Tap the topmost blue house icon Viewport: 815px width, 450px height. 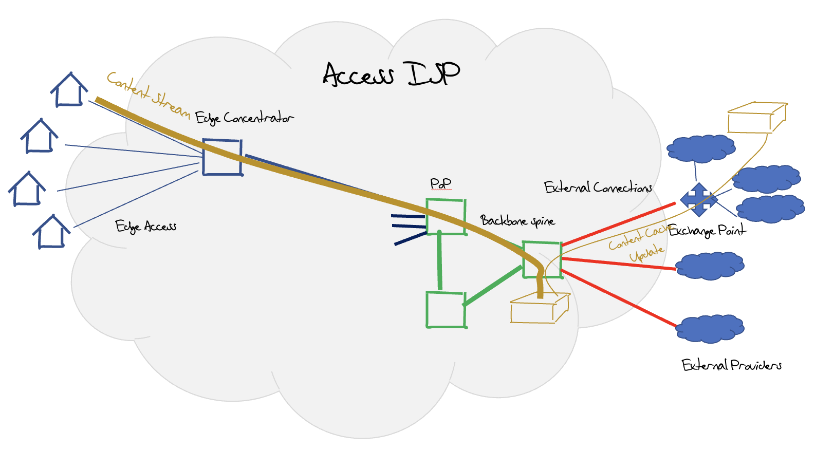pos(69,90)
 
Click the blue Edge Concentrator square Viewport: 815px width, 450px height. pos(222,157)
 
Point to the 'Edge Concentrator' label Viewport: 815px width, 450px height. pos(244,118)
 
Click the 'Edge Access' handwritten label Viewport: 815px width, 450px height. pos(146,226)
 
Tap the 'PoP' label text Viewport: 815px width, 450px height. pos(440,183)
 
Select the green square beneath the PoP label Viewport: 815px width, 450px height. pos(446,217)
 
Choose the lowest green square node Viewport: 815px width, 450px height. pos(446,309)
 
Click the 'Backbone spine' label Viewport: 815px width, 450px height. pos(517,221)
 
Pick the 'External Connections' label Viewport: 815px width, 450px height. pos(598,188)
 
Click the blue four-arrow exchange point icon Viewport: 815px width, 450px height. pos(698,199)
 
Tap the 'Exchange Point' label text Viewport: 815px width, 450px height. pos(707,231)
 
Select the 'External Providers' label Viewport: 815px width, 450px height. pos(732,365)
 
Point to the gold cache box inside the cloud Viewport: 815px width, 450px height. pos(539,308)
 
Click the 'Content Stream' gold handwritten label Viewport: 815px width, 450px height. pos(148,95)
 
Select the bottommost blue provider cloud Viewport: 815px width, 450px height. pos(710,329)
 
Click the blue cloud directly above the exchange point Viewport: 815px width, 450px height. pos(700,148)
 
